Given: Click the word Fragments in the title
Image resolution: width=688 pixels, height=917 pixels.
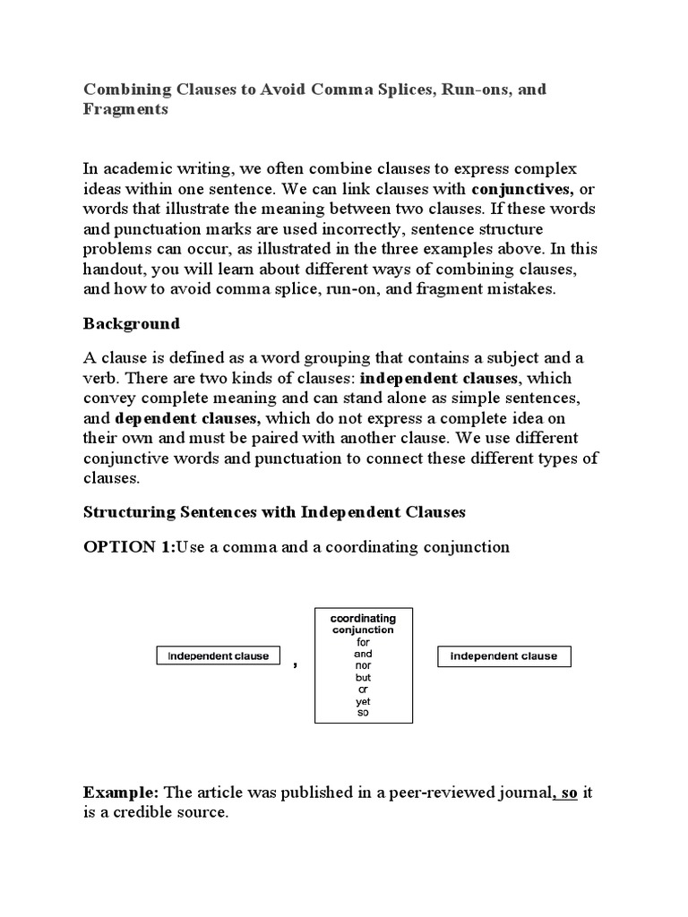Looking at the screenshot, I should (x=125, y=109).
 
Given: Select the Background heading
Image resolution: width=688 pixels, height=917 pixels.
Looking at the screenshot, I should (x=132, y=323).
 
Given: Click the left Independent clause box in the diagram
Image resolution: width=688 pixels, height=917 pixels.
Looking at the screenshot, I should (x=219, y=656).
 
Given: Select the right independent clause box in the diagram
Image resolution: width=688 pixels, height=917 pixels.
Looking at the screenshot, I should (x=503, y=656).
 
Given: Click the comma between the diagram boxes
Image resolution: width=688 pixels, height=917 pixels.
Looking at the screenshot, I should (x=295, y=664).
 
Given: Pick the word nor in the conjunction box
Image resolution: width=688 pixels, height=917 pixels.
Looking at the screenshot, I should (x=363, y=666).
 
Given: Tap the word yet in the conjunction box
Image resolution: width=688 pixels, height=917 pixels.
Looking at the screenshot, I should (x=363, y=701).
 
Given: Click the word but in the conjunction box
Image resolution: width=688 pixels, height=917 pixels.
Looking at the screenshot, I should (x=363, y=678).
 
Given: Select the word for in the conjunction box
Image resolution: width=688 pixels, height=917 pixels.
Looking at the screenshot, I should (x=363, y=642).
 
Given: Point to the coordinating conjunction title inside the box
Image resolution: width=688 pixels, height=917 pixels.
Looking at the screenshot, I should (x=363, y=624).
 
